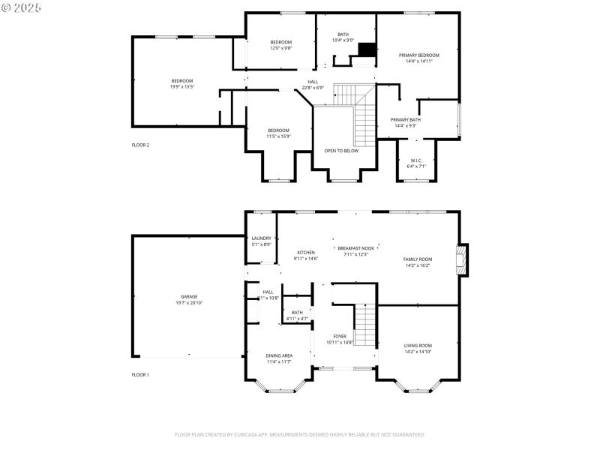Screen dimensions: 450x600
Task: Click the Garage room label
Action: (189, 296)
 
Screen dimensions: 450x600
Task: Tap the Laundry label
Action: (261, 238)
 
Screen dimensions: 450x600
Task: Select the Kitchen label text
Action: (306, 253)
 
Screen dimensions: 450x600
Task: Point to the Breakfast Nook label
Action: (356, 248)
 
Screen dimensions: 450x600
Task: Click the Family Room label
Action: (418, 259)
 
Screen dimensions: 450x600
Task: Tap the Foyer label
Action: (340, 337)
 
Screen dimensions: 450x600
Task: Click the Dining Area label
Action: (279, 355)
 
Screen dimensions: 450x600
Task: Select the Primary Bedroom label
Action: (419, 55)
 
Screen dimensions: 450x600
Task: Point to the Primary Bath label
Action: (405, 120)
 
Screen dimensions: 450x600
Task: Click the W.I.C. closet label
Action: (416, 160)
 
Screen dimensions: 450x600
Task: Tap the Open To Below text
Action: (341, 151)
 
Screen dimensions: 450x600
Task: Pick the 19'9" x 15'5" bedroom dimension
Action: (182, 87)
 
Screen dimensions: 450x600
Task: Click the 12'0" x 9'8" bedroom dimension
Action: (281, 48)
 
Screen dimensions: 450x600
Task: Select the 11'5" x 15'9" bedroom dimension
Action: (278, 136)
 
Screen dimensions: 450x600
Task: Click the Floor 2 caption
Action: (140, 145)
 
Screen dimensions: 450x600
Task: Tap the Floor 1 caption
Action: (140, 374)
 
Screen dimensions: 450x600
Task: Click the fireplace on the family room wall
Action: (463, 259)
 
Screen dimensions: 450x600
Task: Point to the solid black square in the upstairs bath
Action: (366, 49)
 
